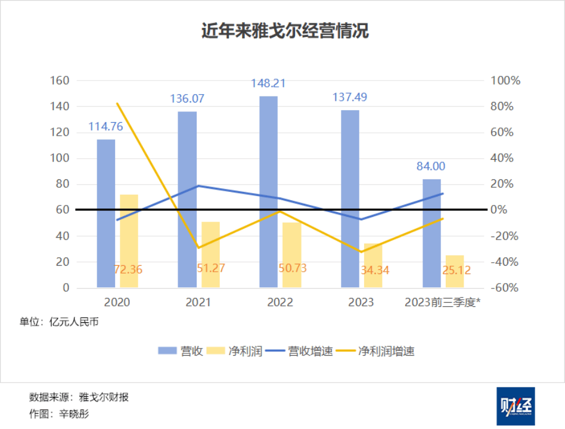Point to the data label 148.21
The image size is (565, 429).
point(268,83)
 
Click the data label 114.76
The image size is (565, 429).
point(106,126)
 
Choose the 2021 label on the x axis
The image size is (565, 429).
point(198,303)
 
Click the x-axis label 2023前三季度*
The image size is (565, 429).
point(443,303)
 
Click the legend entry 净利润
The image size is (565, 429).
point(236,351)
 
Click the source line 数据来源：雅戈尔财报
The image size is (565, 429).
point(79,397)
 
